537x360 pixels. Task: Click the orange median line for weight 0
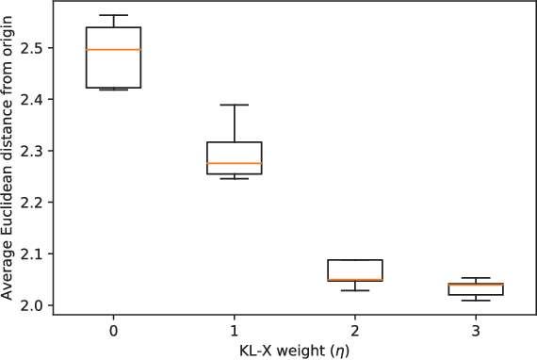pos(113,49)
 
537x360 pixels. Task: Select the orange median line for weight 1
pos(234,163)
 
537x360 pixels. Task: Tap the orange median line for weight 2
pos(355,280)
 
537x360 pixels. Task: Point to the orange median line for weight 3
pos(476,284)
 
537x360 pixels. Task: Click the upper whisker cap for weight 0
pos(113,15)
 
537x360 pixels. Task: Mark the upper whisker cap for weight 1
pos(234,105)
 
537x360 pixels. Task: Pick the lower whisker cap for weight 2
pos(355,290)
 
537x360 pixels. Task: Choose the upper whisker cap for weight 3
pos(476,278)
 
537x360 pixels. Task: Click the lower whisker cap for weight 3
pos(476,301)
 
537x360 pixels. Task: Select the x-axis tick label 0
pos(113,333)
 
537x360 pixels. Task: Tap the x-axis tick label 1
pos(234,333)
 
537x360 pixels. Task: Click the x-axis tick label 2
pos(355,333)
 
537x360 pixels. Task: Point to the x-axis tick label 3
pos(476,333)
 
